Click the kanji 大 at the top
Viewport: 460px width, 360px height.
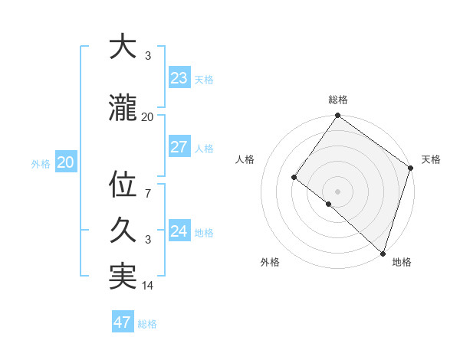click(123, 47)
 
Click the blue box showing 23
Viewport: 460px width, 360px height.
click(179, 78)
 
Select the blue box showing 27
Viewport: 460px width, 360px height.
click(179, 147)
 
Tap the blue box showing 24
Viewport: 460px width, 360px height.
click(179, 231)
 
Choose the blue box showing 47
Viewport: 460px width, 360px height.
click(123, 322)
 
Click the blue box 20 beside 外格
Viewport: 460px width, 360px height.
click(66, 162)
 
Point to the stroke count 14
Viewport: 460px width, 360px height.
click(148, 286)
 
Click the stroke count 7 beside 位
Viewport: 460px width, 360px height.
click(148, 194)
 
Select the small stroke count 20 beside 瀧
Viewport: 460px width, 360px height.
click(148, 117)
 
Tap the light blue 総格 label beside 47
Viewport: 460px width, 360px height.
click(148, 324)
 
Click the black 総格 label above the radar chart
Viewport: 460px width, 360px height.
click(337, 100)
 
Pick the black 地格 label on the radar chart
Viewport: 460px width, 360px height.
click(402, 262)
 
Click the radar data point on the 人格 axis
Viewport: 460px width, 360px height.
click(294, 178)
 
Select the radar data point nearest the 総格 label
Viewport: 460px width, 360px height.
click(337, 116)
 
